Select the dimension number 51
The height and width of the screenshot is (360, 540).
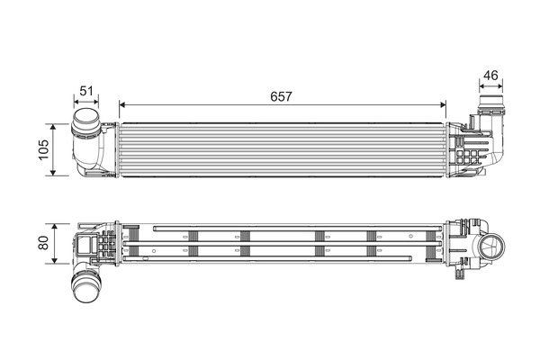(86, 90)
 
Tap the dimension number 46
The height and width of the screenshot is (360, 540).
(490, 75)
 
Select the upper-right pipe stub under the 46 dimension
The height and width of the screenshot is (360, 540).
(490, 103)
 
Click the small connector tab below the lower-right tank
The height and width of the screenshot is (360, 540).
(463, 266)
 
